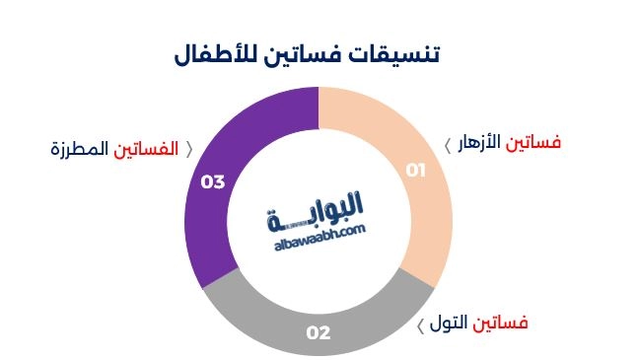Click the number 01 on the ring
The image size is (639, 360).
coord(416,171)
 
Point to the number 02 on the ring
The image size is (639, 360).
coord(318,332)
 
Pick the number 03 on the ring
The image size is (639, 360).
coord(213,181)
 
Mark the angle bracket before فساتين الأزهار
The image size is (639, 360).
coord(448,145)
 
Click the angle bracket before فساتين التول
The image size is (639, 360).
coord(423,325)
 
